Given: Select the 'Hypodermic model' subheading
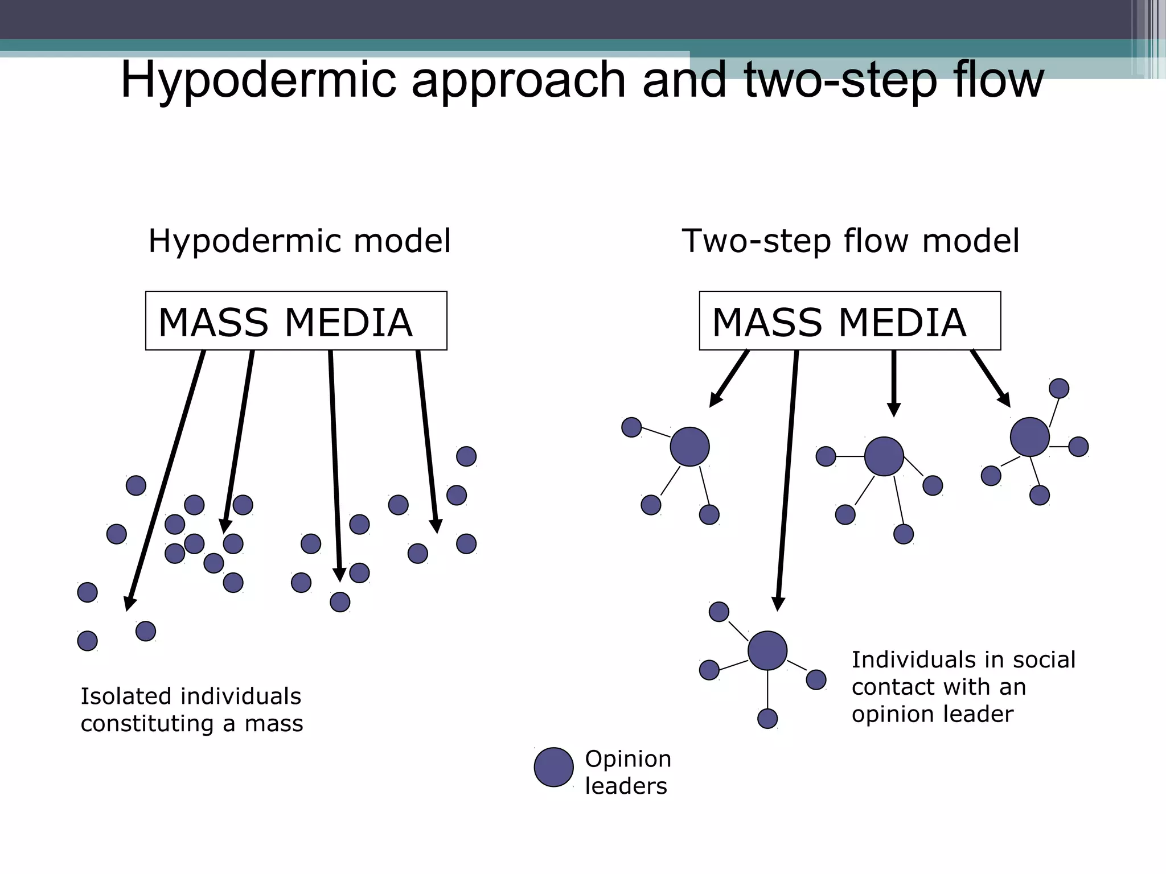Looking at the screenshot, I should pos(299,241).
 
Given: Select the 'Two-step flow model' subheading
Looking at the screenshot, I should pos(850,241).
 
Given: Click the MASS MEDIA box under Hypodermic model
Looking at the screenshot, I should pos(296,321).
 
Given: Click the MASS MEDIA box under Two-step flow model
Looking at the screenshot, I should pos(849,321).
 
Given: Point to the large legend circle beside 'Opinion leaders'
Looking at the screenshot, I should pos(553,767).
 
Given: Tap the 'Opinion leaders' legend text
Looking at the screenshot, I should pos(627,772).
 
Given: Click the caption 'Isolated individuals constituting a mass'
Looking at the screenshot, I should pos(191,710).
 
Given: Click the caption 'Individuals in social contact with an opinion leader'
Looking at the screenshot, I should pos(963,686).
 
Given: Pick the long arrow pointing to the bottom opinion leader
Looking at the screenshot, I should pos(787,478).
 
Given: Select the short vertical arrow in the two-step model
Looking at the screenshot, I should pos(894,381).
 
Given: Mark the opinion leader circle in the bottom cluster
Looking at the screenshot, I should pos(767,650).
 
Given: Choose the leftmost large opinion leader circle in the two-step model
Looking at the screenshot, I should pos(689,447).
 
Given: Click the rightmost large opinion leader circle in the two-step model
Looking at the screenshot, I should pos(1029,437).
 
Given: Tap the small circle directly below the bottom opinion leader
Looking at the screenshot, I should pos(767,718).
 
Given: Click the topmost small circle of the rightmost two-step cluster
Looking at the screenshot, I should pos(1058,389).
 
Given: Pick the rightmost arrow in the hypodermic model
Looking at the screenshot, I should pos(427,441).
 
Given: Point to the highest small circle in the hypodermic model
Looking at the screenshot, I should pos(466,456).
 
